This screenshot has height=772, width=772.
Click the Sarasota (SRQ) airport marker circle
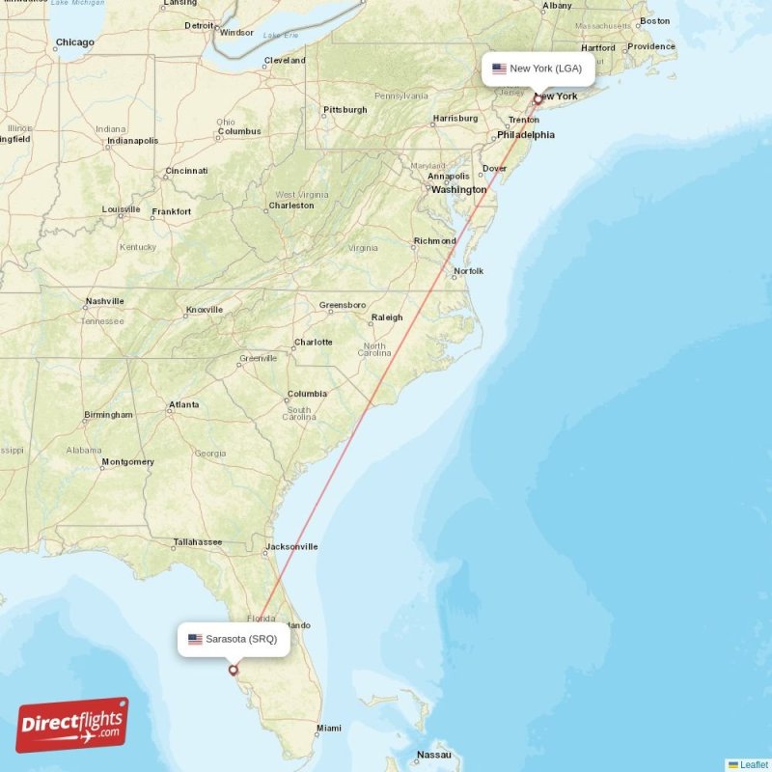(233, 670)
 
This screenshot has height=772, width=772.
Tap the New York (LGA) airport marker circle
(538, 98)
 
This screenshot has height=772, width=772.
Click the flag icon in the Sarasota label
(195, 639)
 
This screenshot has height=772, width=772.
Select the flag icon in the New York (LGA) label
(499, 69)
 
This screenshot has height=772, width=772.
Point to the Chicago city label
(75, 42)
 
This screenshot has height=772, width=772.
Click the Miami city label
(328, 728)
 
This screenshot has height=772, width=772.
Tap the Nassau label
(433, 755)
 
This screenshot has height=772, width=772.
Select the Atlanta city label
(183, 404)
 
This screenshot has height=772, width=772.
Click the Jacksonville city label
(291, 546)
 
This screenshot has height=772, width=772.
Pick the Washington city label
(459, 190)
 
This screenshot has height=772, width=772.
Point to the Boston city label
(654, 20)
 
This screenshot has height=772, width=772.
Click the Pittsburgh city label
(345, 110)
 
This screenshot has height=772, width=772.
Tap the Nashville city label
(104, 301)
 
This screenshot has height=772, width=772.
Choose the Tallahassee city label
(198, 542)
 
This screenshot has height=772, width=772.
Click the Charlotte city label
(314, 342)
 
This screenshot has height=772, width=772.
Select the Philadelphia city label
(526, 135)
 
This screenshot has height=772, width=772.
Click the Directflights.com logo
(72, 725)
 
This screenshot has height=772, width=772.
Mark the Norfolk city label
(468, 271)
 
